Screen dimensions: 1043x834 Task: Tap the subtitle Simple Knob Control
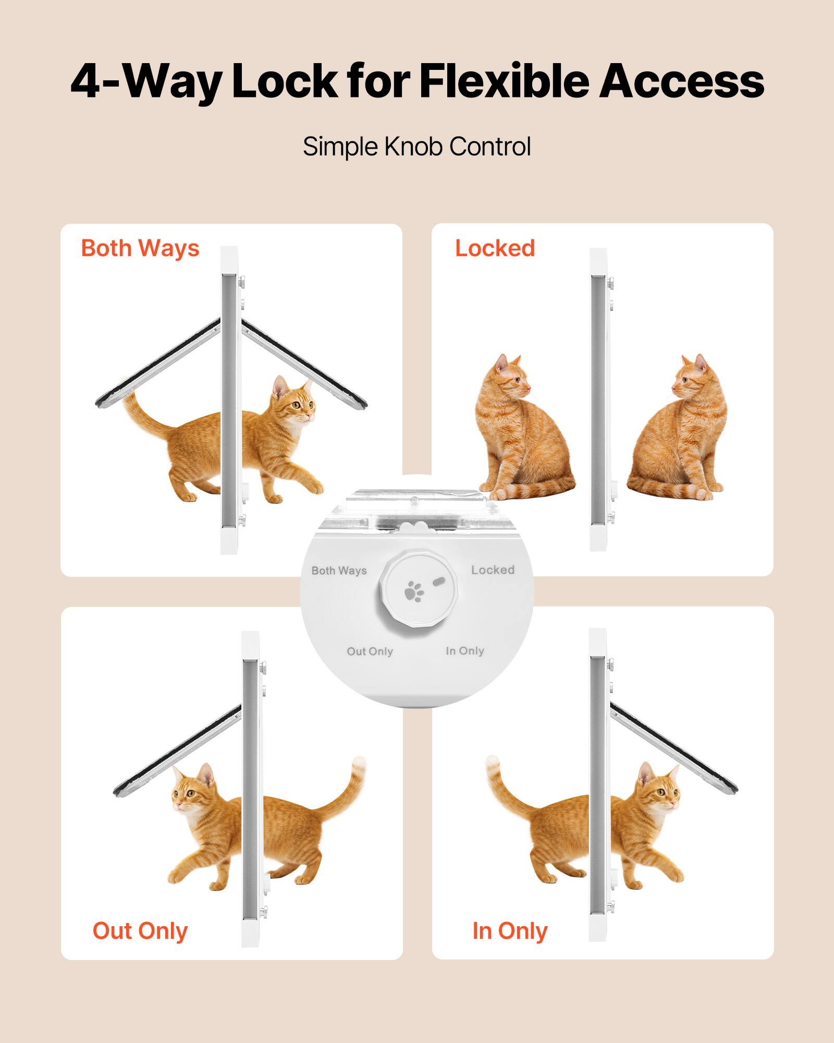(416, 147)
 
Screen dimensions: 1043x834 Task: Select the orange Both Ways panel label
(140, 248)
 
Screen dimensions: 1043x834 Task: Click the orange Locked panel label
(495, 248)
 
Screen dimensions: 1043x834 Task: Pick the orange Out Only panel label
(140, 930)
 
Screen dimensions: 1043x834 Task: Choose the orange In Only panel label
(510, 930)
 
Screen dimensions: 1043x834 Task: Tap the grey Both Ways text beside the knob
(339, 571)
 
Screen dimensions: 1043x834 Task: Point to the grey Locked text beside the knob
(493, 570)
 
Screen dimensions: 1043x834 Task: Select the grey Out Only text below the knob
(370, 651)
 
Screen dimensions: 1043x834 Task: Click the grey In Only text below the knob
(464, 651)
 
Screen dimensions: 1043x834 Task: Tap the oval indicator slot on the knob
(438, 580)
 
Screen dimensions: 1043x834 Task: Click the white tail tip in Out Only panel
(358, 766)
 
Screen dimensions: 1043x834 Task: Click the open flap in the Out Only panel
(177, 751)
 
